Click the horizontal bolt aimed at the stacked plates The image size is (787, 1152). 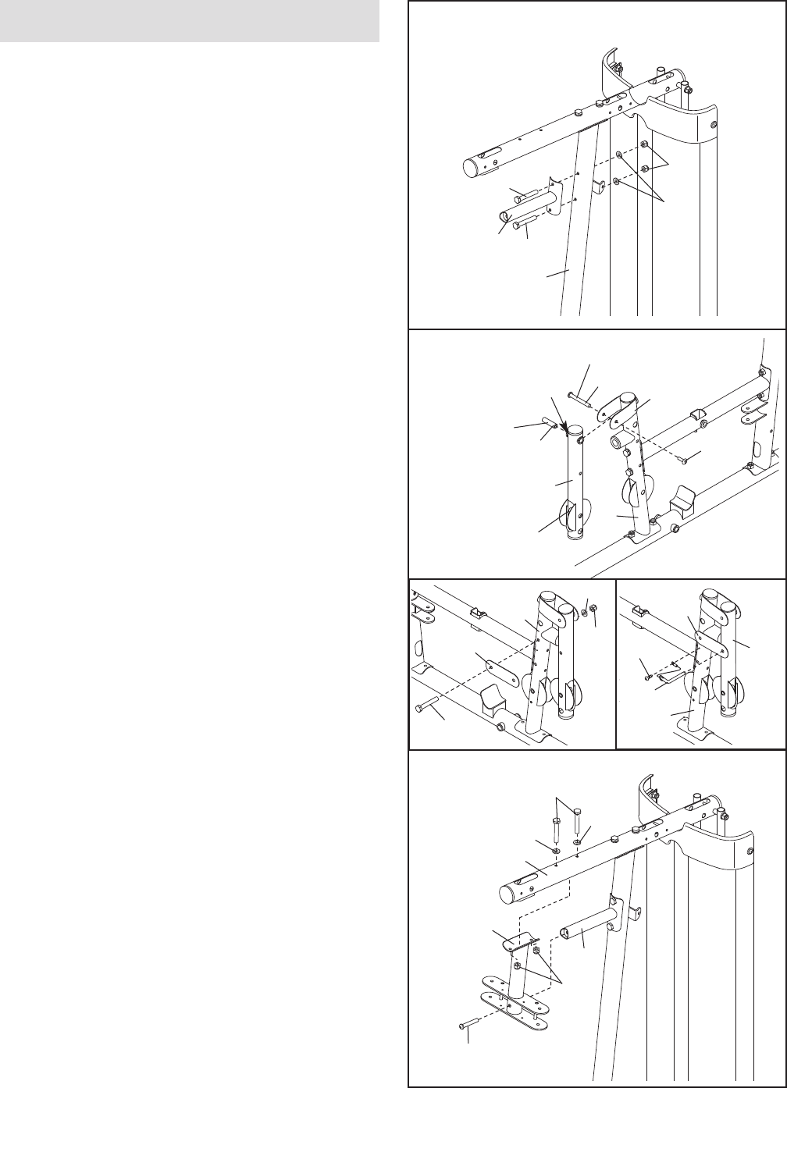468,1024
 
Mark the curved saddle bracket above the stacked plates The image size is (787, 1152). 515,941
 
